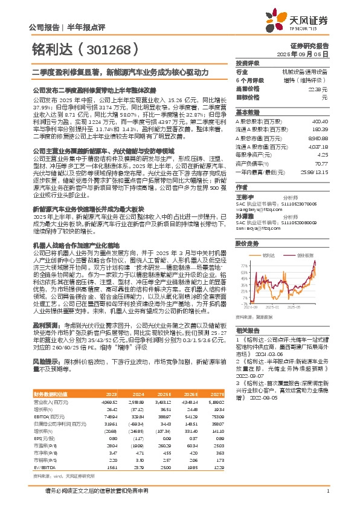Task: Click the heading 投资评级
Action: (247, 63)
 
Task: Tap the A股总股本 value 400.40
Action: (320, 122)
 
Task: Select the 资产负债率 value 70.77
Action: (320, 163)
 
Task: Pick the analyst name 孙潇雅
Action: (245, 215)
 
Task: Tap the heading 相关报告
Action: (247, 331)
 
